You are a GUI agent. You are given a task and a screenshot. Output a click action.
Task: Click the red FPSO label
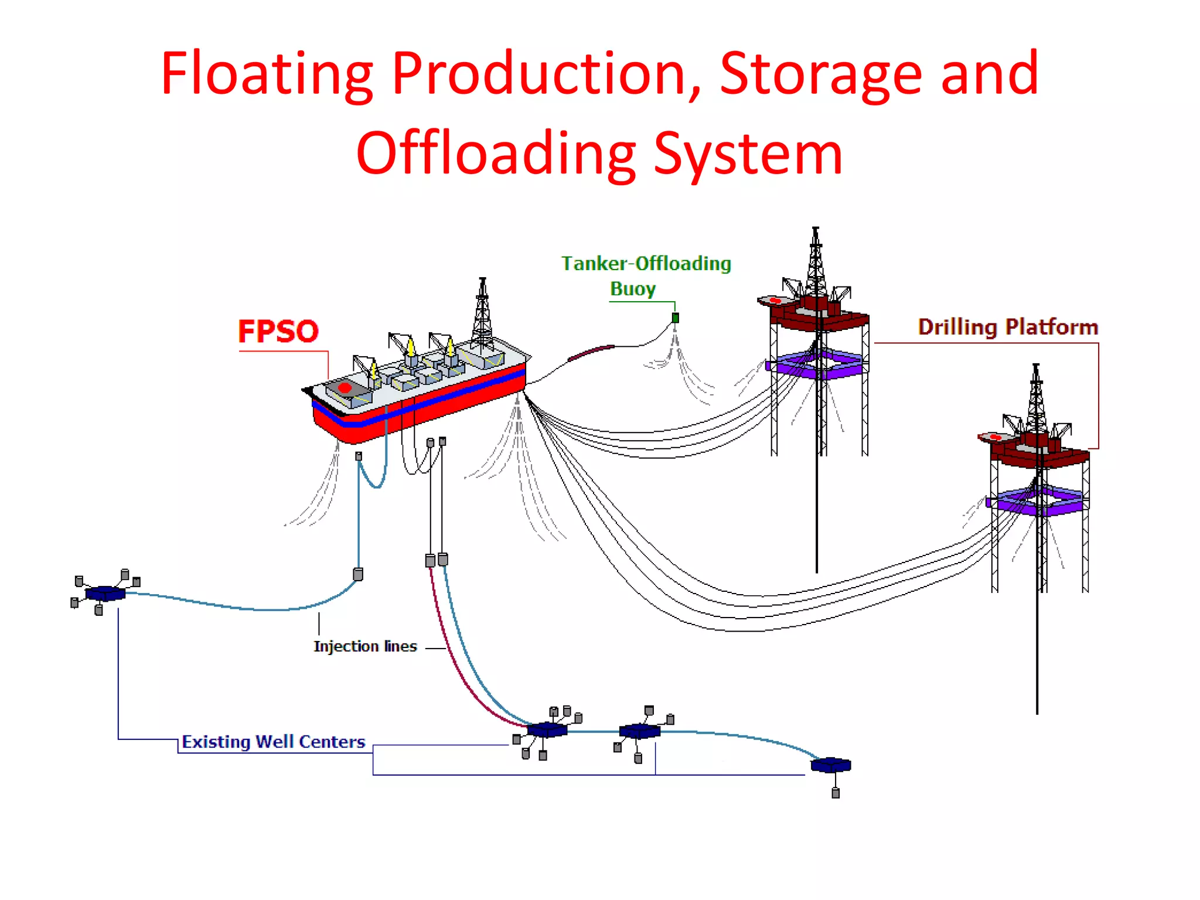278,331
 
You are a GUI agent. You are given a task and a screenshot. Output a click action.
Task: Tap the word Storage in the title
820,73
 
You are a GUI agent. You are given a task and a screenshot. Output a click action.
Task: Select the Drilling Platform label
1008,327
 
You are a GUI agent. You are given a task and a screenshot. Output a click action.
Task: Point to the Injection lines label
365,646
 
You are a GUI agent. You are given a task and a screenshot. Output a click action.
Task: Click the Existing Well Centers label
273,742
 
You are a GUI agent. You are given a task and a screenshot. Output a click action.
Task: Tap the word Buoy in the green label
633,289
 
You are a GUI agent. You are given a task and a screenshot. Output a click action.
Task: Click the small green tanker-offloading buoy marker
675,318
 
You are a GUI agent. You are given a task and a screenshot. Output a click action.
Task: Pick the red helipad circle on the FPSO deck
345,388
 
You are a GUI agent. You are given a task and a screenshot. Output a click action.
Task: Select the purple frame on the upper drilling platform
817,364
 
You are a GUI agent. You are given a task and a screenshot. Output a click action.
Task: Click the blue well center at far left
105,594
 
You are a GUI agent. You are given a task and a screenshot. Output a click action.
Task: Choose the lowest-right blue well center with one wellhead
831,765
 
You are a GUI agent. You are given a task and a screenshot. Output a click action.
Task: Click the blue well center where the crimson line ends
547,730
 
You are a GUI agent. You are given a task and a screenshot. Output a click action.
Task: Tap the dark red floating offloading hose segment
591,352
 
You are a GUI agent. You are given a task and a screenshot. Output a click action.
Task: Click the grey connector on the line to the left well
358,574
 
